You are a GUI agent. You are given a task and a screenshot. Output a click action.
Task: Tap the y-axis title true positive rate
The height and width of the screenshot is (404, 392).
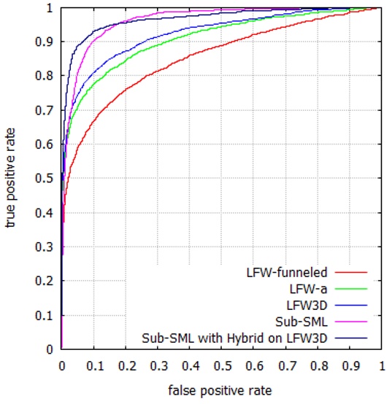(x=13, y=179)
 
